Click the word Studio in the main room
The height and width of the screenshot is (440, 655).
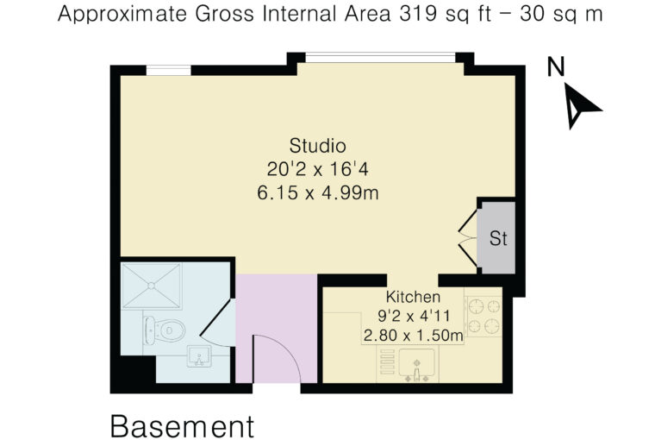317,146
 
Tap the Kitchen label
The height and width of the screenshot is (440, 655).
413,297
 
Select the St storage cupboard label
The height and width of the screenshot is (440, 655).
498,238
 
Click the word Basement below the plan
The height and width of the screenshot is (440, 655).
182,426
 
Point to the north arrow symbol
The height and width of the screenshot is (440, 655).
581,104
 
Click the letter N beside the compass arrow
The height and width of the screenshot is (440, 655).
556,66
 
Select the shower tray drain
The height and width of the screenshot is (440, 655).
151,286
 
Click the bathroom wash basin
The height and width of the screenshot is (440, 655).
199,356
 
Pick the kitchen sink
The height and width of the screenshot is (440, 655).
416,365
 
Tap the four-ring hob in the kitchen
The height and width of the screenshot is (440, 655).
483,317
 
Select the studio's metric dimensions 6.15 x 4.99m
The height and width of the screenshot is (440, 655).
318,193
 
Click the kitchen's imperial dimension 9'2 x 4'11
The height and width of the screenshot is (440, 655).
414,316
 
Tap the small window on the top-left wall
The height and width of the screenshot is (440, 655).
168,70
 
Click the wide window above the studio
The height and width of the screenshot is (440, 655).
380,57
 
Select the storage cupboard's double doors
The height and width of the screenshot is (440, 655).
469,238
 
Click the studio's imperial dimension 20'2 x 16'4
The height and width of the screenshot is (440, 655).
318,169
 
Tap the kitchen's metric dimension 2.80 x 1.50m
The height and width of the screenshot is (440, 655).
413,336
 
